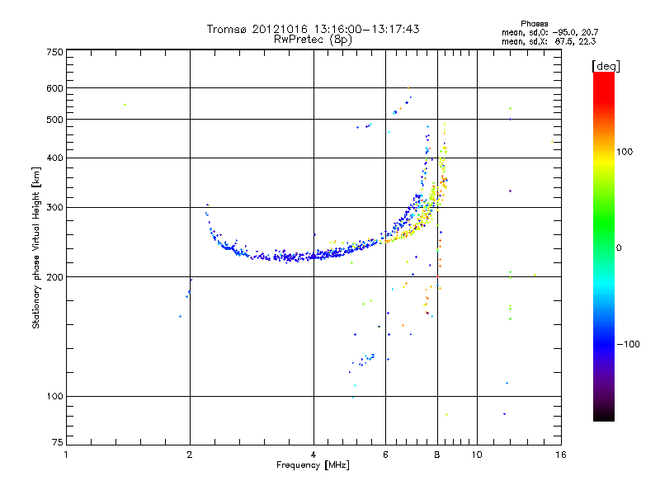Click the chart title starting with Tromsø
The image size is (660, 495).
313,29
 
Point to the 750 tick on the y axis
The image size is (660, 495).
55,51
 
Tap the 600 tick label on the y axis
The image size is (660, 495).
55,87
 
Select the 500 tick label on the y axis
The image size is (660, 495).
55,119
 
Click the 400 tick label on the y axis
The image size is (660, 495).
55,158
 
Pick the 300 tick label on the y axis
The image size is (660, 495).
55,207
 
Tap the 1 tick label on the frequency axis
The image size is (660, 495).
66,455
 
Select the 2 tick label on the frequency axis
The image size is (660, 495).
190,455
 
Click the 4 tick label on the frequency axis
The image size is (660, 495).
313,455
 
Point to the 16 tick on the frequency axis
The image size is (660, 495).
560,455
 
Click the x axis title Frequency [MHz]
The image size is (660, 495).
313,465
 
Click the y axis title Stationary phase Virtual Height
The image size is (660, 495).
36,247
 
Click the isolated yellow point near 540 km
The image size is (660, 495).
125,105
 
